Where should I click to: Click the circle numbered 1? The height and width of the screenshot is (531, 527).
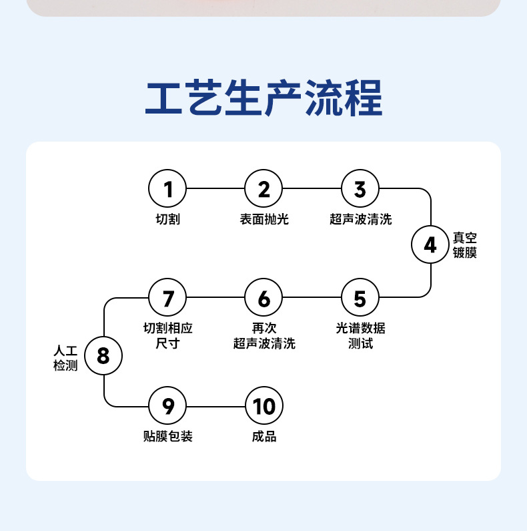click(167, 189)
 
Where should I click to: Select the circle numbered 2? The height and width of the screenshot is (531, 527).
click(264, 189)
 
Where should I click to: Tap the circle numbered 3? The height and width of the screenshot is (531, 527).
click(360, 189)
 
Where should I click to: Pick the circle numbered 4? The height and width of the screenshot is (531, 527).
click(430, 245)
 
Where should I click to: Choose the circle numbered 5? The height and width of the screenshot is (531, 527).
click(360, 298)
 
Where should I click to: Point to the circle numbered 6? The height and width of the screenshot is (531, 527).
click(264, 298)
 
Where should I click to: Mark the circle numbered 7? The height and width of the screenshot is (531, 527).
click(167, 298)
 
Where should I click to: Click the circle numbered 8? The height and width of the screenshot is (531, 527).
click(103, 355)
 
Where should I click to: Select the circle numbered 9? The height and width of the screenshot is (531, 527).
click(167, 406)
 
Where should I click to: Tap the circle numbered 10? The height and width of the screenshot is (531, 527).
click(264, 406)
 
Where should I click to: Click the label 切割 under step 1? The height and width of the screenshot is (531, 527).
click(167, 219)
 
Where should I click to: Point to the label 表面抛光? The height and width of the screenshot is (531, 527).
click(264, 219)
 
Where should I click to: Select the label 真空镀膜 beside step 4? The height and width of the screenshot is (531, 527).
click(465, 245)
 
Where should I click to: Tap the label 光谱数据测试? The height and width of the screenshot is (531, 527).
click(360, 336)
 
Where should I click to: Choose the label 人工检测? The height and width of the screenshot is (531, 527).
click(66, 358)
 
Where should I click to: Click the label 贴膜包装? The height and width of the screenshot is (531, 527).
click(167, 437)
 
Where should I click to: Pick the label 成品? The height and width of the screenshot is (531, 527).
click(264, 437)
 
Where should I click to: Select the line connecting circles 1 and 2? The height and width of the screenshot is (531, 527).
click(215, 189)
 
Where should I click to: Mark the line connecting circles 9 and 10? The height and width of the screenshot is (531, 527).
click(215, 406)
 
